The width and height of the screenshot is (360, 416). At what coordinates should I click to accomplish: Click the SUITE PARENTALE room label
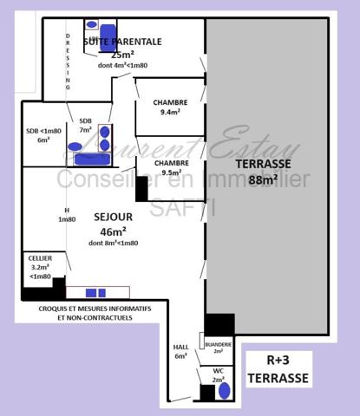click(121, 41)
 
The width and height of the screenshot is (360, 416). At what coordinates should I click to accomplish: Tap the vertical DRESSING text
click(68, 61)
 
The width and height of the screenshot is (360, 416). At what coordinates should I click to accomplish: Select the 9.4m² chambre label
click(170, 107)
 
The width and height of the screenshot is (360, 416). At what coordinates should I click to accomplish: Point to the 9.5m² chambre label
click(170, 166)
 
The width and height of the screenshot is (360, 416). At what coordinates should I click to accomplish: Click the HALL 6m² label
click(180, 351)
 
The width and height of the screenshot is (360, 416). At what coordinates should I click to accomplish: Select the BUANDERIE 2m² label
click(218, 347)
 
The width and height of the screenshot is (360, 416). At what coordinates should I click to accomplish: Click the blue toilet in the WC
click(226, 390)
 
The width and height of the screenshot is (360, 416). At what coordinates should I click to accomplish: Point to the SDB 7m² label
click(85, 126)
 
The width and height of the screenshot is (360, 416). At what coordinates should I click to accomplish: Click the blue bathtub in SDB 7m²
click(88, 159)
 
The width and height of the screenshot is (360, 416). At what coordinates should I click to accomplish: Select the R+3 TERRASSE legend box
click(277, 370)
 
